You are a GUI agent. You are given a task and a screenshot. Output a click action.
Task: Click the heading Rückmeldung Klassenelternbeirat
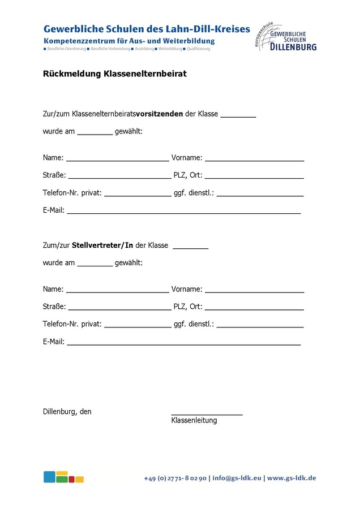click(x=115, y=74)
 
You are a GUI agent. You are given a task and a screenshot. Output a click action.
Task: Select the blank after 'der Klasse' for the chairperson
click(x=238, y=115)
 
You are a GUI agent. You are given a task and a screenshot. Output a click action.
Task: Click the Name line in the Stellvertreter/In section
click(x=117, y=291)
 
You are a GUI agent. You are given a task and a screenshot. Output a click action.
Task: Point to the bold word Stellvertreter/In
click(x=102, y=245)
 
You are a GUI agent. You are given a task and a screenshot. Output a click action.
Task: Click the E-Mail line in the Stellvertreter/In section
click(x=183, y=343)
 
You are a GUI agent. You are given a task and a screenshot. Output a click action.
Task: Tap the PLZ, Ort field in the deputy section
click(x=254, y=308)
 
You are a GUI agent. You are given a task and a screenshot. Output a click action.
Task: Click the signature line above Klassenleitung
click(x=207, y=414)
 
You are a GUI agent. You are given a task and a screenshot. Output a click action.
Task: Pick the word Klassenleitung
click(x=194, y=421)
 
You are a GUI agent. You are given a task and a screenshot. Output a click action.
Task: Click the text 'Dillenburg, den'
click(x=67, y=412)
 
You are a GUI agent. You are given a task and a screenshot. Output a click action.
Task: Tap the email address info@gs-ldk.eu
click(x=237, y=478)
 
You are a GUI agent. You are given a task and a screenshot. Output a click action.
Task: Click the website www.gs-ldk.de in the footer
click(x=292, y=478)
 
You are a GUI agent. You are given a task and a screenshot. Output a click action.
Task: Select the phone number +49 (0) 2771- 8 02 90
click(x=175, y=478)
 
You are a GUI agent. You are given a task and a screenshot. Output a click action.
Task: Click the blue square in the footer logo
click(x=49, y=477)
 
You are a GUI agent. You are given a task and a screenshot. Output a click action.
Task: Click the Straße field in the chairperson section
click(x=119, y=177)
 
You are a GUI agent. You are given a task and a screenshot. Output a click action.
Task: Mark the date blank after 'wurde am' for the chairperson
click(x=95, y=133)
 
